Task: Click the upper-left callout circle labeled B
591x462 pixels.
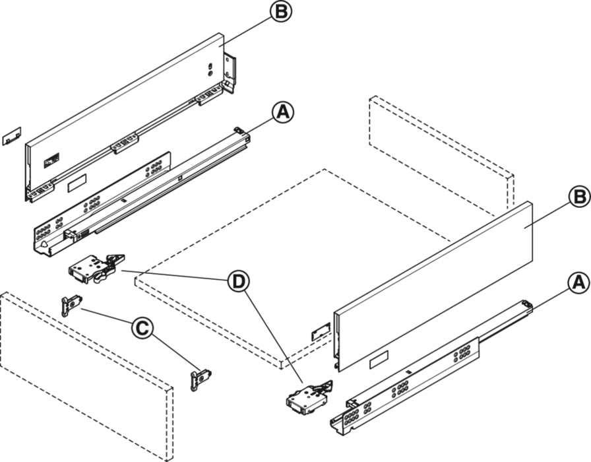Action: click(x=281, y=11)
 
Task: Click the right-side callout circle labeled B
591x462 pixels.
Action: click(x=580, y=197)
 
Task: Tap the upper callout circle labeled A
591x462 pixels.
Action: click(x=284, y=112)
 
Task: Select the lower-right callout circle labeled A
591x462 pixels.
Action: click(x=579, y=283)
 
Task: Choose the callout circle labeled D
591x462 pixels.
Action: click(x=238, y=282)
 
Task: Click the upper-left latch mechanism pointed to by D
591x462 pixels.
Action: click(x=96, y=268)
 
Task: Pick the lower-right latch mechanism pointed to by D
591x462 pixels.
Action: click(x=310, y=398)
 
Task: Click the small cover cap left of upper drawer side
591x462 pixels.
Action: click(x=12, y=136)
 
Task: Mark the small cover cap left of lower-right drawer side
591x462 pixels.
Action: click(x=321, y=331)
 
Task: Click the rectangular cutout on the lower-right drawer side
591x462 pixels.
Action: click(x=379, y=359)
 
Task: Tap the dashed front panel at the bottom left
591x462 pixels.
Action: click(x=86, y=376)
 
